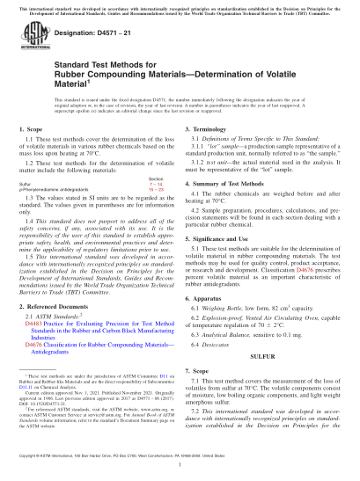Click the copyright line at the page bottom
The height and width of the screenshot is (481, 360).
[x=180, y=458]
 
